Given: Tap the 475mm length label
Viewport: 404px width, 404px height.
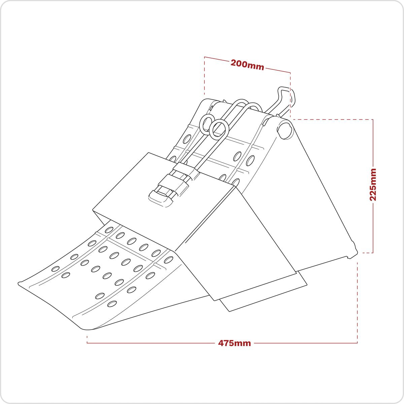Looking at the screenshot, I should point(235,343).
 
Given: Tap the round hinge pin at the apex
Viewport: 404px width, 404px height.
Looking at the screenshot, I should point(285,129).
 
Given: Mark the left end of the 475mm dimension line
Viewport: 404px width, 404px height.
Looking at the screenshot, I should point(88,343).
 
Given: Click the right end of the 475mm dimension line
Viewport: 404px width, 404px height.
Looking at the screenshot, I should point(357,343).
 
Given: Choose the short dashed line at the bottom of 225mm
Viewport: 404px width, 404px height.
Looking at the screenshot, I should point(367,252).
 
